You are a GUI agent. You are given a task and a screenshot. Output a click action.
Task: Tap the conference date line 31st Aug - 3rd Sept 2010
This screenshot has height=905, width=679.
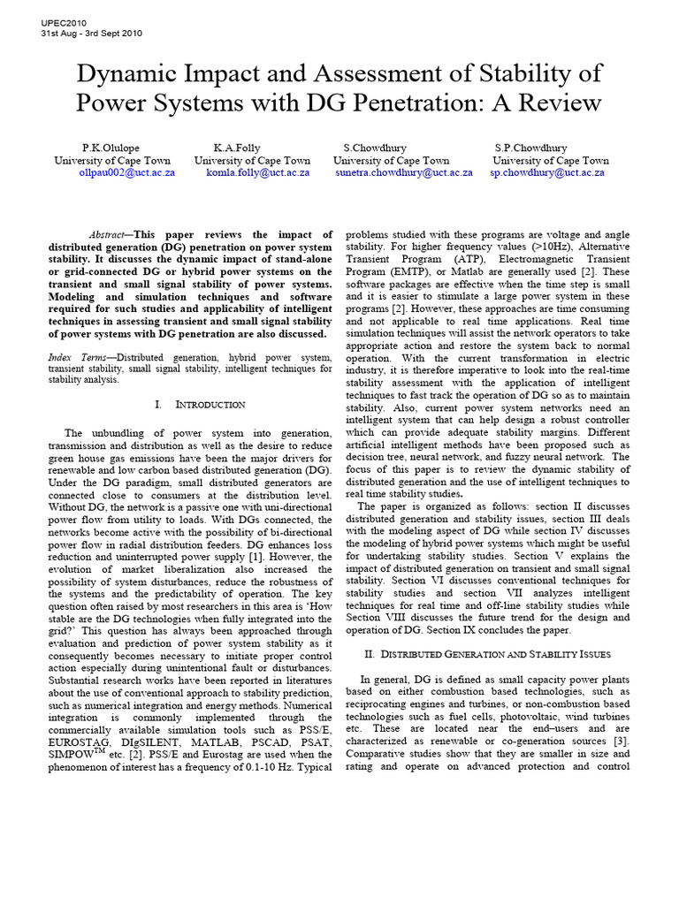coord(91,34)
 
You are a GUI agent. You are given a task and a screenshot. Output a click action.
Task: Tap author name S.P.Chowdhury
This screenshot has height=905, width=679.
coord(531,148)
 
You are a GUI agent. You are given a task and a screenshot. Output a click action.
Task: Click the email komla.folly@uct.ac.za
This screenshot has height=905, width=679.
coord(258,173)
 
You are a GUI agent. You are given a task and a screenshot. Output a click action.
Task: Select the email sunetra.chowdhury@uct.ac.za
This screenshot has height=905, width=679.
coord(404,173)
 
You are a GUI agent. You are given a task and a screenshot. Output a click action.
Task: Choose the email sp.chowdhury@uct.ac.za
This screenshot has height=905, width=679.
coord(547,173)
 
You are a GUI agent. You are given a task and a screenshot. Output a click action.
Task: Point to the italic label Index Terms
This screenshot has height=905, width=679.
coord(74,356)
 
